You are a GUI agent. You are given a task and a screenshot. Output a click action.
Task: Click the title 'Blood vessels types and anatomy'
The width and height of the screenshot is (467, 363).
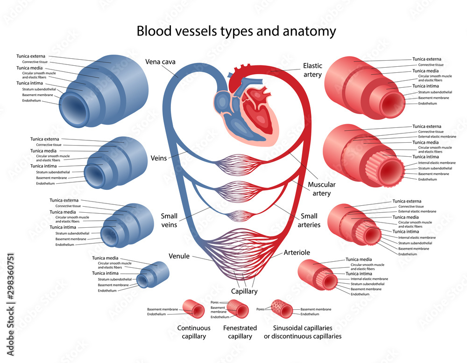click(x=236, y=31)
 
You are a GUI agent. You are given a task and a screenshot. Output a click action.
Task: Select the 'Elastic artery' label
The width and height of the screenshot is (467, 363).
click(x=312, y=70)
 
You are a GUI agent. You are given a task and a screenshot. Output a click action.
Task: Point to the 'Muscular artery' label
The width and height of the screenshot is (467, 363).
click(x=321, y=188)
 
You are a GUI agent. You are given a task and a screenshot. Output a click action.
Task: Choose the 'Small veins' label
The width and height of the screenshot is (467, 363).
click(x=169, y=220)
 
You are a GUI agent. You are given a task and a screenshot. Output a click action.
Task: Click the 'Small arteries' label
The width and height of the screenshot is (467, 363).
click(x=309, y=220)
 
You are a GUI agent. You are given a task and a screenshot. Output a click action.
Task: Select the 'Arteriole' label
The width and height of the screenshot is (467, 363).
click(x=297, y=252)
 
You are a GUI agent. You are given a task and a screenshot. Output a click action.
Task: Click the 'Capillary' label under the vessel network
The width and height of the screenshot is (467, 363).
click(x=244, y=291)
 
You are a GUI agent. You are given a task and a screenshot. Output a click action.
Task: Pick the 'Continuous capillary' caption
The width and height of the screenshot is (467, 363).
click(x=194, y=332)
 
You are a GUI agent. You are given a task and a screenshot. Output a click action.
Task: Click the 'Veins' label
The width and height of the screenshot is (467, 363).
click(x=159, y=158)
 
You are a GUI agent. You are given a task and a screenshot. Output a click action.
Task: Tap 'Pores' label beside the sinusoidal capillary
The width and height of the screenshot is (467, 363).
click(x=261, y=309)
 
